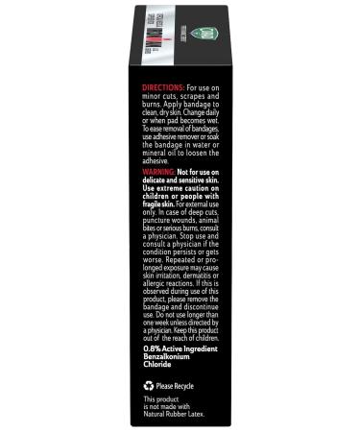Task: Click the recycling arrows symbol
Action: click(x=149, y=384)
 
